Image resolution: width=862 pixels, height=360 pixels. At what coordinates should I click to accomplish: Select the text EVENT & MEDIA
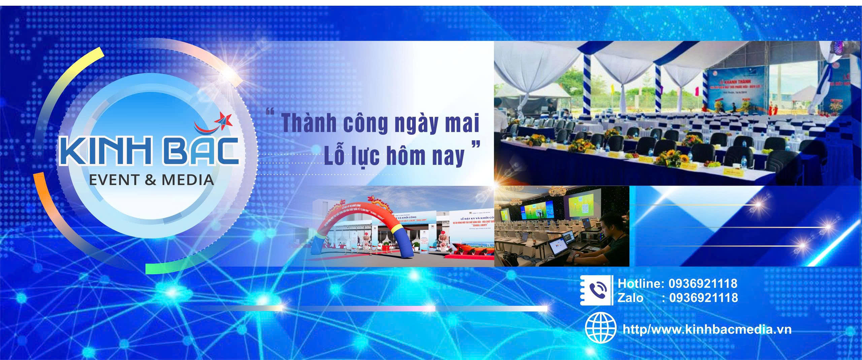coord(151,180)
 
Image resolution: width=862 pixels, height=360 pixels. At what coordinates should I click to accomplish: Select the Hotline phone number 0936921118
coord(703,284)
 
